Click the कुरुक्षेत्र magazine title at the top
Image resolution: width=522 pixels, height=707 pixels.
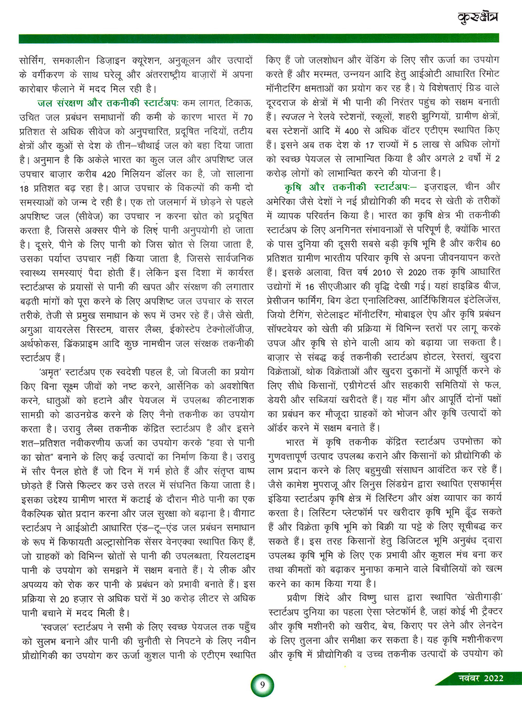477,18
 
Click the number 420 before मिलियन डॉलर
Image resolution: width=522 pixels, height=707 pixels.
109,174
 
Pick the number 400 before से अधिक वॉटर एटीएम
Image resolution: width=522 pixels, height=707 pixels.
352,130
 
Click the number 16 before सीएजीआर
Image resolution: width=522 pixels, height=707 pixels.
309,286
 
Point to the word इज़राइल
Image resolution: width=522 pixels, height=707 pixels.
441,187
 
